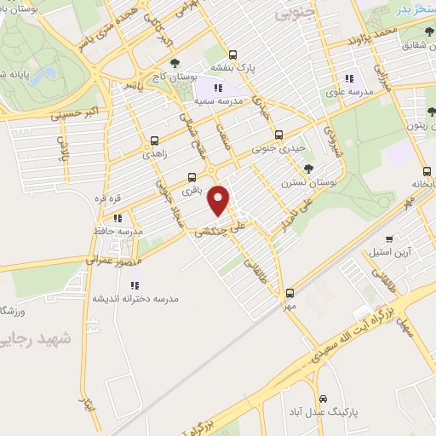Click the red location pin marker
pyautogui.click(x=220, y=200)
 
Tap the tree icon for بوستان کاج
pyautogui.click(x=175, y=63)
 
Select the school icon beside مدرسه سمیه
pyautogui.click(x=218, y=87)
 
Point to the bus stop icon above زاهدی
pyautogui.click(x=154, y=141)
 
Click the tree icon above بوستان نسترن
pyautogui.click(x=308, y=167)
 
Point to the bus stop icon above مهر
pyautogui.click(x=290, y=291)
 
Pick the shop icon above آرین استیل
pyautogui.click(x=389, y=239)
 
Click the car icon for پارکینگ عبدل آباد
pyautogui.click(x=322, y=399)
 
